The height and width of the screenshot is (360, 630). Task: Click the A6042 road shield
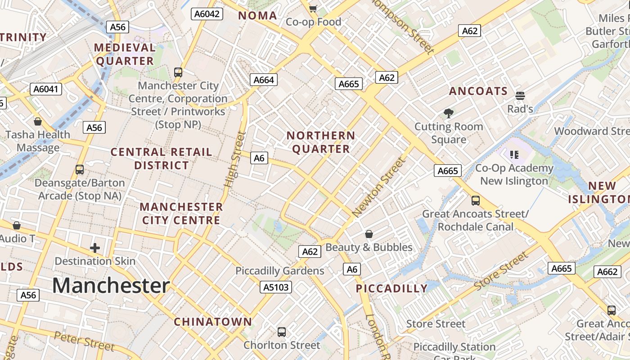pos(207,14)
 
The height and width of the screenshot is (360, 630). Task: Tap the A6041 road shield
pos(46,89)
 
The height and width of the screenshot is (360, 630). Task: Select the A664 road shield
pos(264,80)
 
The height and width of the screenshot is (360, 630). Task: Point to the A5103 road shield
pos(276,287)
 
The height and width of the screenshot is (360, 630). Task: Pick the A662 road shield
pos(607,272)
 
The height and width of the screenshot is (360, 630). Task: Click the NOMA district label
pos(257,16)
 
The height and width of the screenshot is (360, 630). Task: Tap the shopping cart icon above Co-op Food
pos(313,8)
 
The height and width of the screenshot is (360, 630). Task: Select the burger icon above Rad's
pos(520,95)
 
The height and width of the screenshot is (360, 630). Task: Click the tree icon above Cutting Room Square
pos(448,113)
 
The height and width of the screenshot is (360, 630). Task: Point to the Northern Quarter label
pos(321,142)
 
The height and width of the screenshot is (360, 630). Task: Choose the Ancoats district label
pos(478,91)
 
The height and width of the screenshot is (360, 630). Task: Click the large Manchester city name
pos(111,286)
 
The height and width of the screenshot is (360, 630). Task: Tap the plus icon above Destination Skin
pos(95,247)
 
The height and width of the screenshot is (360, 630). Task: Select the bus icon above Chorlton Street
pos(282,332)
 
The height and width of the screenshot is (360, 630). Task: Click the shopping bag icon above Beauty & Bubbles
pos(369,234)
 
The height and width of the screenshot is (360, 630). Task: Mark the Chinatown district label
pos(213,322)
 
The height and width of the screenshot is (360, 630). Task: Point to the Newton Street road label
pos(379,187)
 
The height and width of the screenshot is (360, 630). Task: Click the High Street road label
pos(235,159)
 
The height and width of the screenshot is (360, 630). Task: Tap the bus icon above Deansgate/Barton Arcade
pos(80,170)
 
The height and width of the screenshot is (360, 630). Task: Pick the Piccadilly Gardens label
pos(280,271)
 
